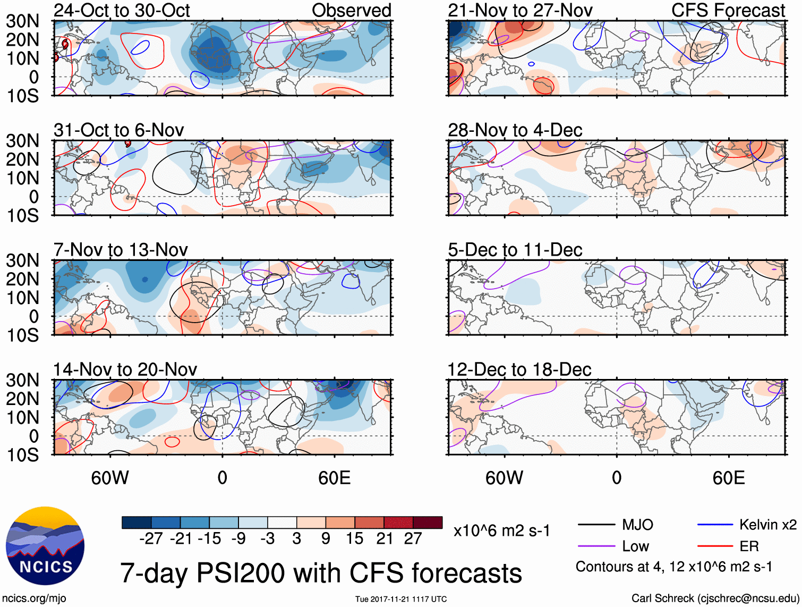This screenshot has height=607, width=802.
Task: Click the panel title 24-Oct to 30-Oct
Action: [x=122, y=11]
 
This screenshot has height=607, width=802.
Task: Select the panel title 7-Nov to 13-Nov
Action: [x=121, y=250]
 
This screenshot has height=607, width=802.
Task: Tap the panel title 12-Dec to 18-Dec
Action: [x=519, y=369]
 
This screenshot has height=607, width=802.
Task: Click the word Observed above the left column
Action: [x=351, y=11]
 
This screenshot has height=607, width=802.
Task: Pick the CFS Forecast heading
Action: [x=728, y=11]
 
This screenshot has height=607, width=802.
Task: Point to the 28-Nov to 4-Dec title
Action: [x=515, y=130]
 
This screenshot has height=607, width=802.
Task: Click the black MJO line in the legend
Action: [x=596, y=525]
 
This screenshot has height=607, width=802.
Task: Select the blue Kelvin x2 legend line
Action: [x=715, y=525]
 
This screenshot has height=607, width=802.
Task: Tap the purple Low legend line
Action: [x=596, y=546]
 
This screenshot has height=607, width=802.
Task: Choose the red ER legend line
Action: [x=715, y=546]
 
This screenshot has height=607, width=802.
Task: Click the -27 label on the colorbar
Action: [x=151, y=539]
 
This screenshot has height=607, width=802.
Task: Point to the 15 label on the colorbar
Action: [x=354, y=539]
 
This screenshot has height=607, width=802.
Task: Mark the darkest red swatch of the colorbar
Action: [x=428, y=522]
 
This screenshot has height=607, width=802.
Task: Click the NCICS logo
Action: [x=45, y=546]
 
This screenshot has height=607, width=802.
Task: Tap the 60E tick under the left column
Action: [x=334, y=478]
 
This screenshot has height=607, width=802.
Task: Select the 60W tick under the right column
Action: [x=504, y=478]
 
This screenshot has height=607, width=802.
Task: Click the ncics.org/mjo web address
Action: [x=34, y=598]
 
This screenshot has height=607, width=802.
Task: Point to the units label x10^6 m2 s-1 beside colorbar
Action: [x=501, y=531]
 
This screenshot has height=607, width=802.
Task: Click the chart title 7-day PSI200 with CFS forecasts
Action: [x=321, y=574]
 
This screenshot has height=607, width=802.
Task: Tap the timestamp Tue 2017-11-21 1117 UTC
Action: [x=400, y=600]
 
